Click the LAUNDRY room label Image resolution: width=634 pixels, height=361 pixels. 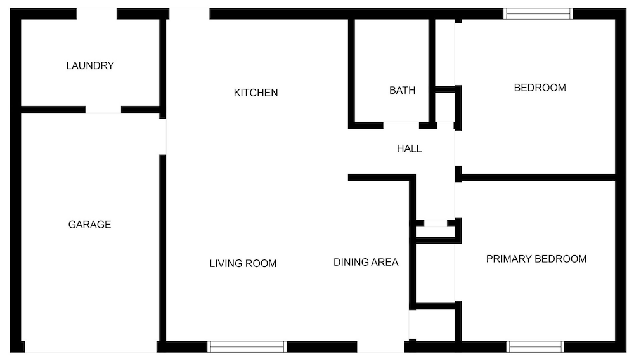(x=90, y=65)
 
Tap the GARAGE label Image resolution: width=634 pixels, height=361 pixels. (x=89, y=225)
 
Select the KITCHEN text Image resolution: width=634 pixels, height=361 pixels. (x=256, y=93)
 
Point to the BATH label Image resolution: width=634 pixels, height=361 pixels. (x=403, y=90)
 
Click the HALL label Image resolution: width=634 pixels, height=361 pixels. (x=409, y=148)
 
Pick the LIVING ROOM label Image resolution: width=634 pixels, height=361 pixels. (x=243, y=263)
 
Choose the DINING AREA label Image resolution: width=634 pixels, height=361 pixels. (x=366, y=262)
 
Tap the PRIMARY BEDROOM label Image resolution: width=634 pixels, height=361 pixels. (x=536, y=259)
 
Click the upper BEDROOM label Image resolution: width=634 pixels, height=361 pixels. (x=540, y=88)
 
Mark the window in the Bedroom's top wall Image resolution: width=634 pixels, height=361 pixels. (x=538, y=14)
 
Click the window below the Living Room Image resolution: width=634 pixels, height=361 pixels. (x=247, y=347)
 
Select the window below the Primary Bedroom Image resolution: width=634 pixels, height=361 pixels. (x=535, y=347)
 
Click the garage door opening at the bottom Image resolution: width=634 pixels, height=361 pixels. (x=91, y=347)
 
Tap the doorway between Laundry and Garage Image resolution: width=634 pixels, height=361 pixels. (x=103, y=110)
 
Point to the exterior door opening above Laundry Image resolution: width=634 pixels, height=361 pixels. (x=96, y=14)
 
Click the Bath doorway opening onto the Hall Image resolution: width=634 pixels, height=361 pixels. (x=401, y=126)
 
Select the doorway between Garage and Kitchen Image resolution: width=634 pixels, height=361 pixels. (x=162, y=136)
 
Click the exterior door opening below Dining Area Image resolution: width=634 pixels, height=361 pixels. (x=380, y=347)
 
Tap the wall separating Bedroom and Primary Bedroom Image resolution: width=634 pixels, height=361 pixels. (x=538, y=178)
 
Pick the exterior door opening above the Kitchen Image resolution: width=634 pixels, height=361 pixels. (x=189, y=14)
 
